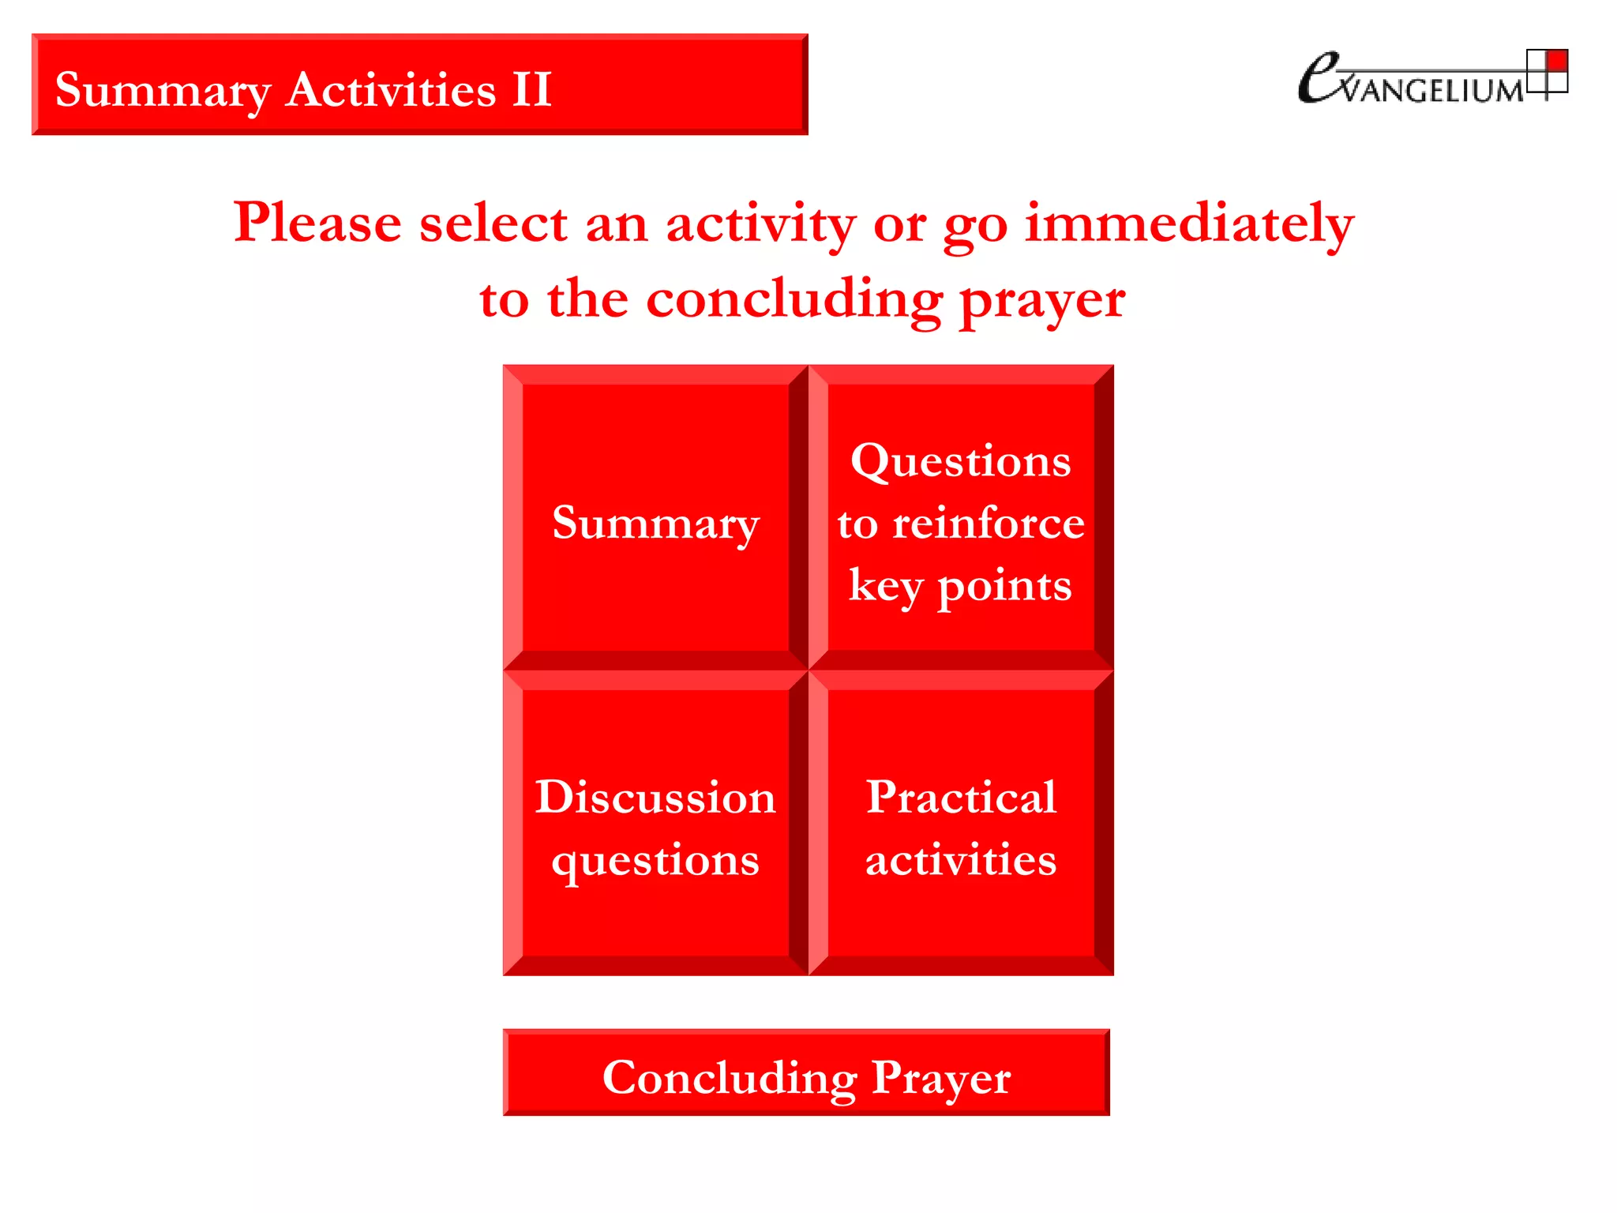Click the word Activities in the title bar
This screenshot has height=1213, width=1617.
tap(391, 88)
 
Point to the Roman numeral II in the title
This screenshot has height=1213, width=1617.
tap(531, 88)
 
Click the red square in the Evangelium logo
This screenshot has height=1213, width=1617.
tap(1556, 61)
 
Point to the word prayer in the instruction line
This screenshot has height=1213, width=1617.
tap(1042, 300)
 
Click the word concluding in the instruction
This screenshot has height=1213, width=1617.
tap(794, 300)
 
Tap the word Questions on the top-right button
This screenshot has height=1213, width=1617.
tap(960, 460)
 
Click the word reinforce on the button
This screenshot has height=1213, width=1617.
tap(989, 523)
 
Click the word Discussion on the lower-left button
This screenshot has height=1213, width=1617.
tap(655, 797)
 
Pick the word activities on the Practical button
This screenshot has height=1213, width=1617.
tap(961, 859)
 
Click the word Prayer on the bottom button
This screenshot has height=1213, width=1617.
tap(940, 1077)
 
